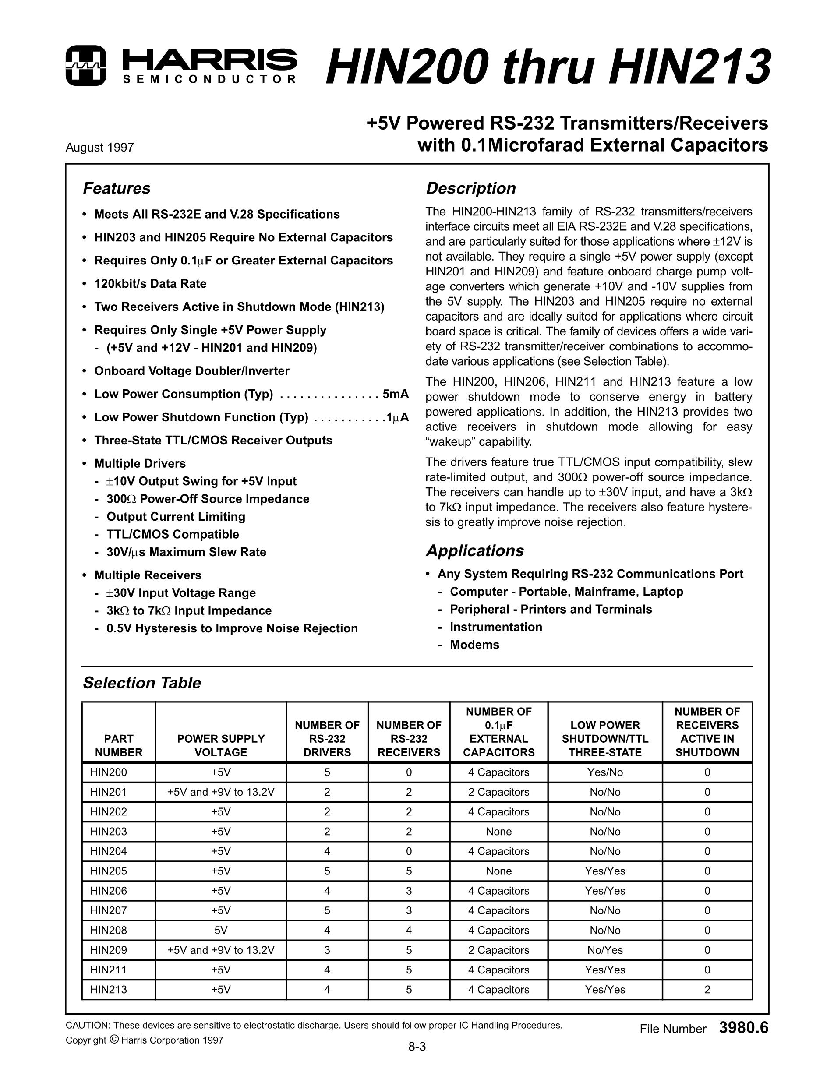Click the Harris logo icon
(85, 66)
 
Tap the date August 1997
(100, 148)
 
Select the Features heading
(117, 188)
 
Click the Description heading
(470, 188)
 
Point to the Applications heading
(474, 551)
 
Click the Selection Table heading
(142, 683)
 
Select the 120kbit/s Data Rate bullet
(150, 284)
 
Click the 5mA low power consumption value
(395, 394)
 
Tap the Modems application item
(474, 645)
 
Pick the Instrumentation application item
(495, 627)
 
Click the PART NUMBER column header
(119, 745)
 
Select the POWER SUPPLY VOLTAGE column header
(221, 745)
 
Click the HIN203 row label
(109, 832)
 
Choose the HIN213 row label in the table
(109, 990)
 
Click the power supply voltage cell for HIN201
(221, 792)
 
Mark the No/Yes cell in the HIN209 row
(605, 950)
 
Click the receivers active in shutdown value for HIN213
(707, 990)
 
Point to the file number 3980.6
(744, 1028)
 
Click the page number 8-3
(417, 1060)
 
